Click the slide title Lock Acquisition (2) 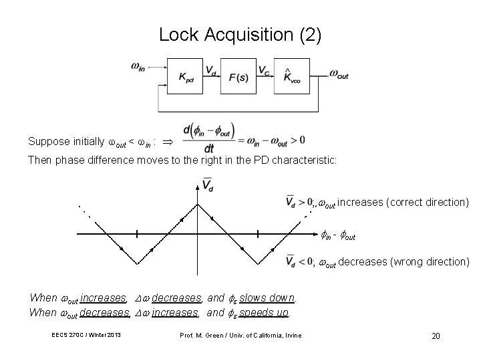pos(240,35)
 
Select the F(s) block pos(238,75)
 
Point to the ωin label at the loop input pos(138,67)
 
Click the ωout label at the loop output pos(338,75)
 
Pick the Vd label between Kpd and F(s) pos(210,69)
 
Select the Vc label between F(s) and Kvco pos(265,69)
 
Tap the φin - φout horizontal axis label pos(338,236)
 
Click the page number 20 pos(436,335)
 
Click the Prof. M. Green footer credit pos(241,334)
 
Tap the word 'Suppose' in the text pos(47,142)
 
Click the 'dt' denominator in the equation pos(209,149)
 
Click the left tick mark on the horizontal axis pos(136,234)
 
